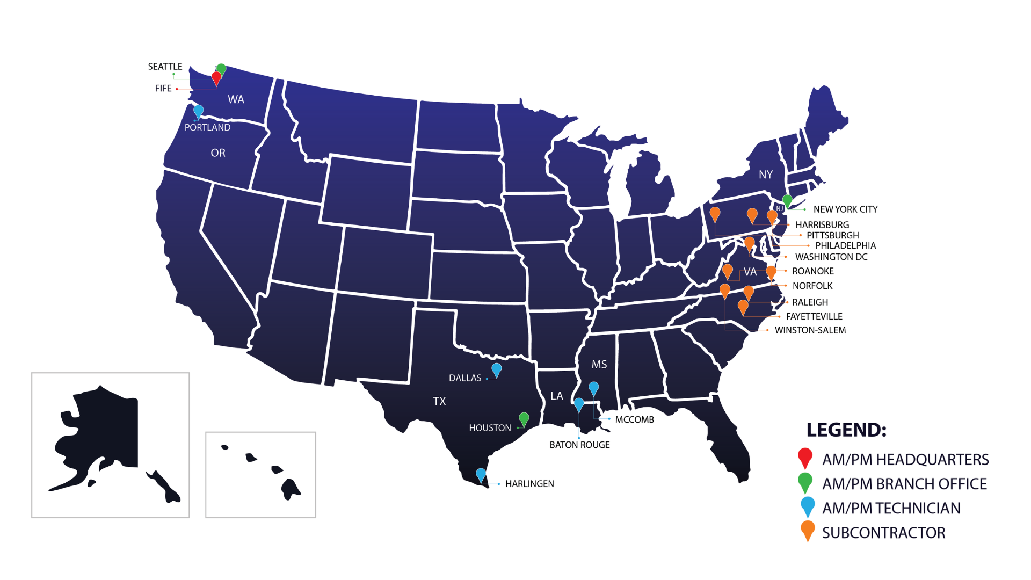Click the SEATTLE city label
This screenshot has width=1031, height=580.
point(165,67)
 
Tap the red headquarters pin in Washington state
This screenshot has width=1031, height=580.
point(216,78)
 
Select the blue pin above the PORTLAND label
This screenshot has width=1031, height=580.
point(198,111)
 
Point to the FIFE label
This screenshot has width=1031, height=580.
point(163,89)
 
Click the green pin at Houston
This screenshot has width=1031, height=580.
point(524,418)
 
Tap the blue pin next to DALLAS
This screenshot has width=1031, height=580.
point(497,369)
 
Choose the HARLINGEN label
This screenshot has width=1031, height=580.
point(529,484)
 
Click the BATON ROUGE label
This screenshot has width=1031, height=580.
point(579,445)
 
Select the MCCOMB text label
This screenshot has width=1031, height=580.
point(634,419)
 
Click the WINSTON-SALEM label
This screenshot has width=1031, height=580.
point(810,330)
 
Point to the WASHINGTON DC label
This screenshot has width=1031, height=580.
point(831,257)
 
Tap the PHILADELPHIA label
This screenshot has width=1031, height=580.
point(845,245)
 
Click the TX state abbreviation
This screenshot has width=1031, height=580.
point(439,401)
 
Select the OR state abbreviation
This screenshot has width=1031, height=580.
point(218,153)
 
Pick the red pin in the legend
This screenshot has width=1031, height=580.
point(805,458)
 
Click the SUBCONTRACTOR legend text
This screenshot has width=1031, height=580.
point(883,533)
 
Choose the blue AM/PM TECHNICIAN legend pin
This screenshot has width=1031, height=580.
point(808,506)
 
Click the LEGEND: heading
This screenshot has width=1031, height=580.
point(846,430)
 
